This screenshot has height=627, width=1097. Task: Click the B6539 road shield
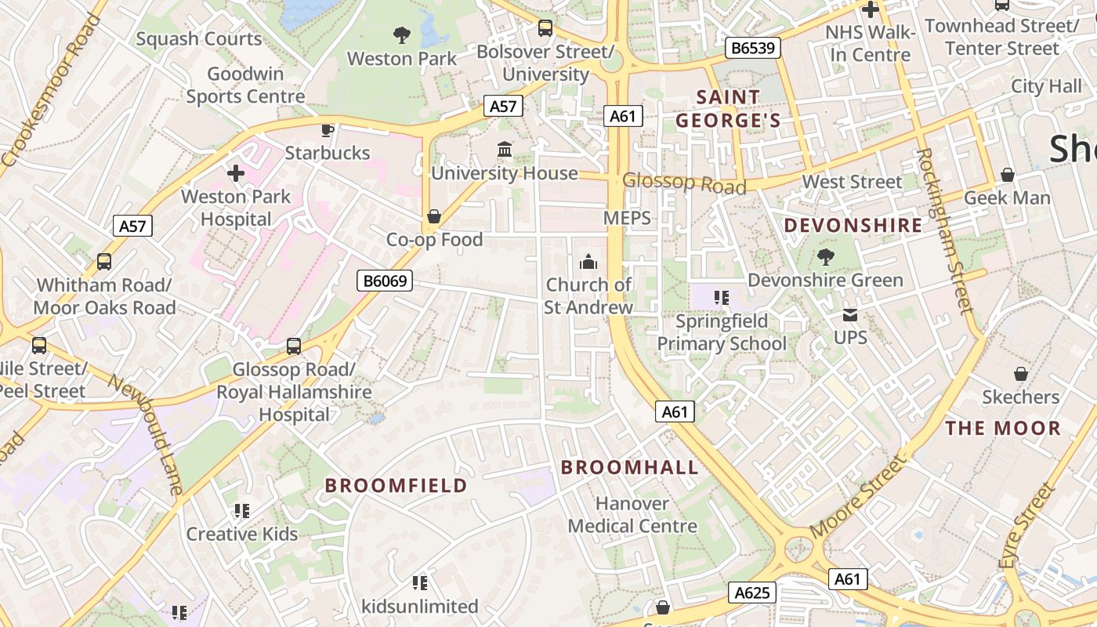click(x=752, y=49)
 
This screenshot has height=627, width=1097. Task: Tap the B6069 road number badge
click(x=385, y=281)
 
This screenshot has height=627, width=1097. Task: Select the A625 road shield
click(x=751, y=593)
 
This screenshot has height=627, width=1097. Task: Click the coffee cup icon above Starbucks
click(x=328, y=130)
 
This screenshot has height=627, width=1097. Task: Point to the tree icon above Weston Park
click(x=402, y=35)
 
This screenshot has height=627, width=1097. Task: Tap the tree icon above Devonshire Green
click(x=825, y=257)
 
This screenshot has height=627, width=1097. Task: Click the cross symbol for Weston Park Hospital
click(x=236, y=173)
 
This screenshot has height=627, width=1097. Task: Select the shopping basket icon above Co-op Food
click(x=434, y=216)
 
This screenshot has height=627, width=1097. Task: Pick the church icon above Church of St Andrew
click(x=588, y=262)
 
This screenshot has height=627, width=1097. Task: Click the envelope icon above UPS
click(x=850, y=315)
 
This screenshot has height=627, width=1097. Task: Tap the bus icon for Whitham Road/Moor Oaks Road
click(x=104, y=262)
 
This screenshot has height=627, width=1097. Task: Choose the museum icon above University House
click(x=505, y=150)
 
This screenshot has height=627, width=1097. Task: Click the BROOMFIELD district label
click(x=396, y=486)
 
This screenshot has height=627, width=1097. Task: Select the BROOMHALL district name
click(x=630, y=468)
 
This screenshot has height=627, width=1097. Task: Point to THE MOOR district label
click(x=1003, y=429)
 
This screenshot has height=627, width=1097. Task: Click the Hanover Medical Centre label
click(x=632, y=515)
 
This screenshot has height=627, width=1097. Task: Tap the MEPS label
click(x=627, y=218)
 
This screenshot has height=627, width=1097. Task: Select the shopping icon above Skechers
click(x=1020, y=374)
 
